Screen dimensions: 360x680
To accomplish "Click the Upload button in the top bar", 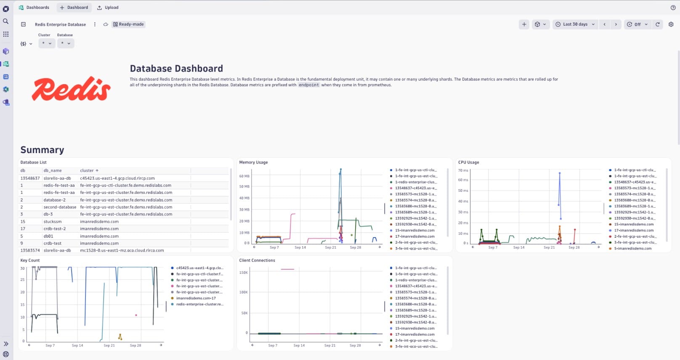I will point(108,8).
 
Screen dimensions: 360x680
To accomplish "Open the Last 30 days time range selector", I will point(575,24).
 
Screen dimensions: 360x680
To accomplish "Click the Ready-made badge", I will point(128,24).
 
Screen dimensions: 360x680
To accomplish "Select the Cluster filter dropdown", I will point(47,43).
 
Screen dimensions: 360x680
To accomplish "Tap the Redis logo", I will point(71,89).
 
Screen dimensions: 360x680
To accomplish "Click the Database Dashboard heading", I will point(176,69).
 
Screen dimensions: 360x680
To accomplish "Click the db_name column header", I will point(53,171).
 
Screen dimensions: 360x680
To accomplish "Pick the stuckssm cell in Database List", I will point(53,222).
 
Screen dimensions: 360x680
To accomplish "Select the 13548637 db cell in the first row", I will point(30,178).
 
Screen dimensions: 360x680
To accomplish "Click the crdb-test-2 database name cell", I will point(55,229).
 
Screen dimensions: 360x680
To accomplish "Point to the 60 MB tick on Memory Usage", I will point(244,176).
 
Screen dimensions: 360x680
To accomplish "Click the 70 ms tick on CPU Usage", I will point(463,170).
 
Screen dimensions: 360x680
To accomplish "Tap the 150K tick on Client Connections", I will point(243,273).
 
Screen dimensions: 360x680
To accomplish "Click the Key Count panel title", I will point(30,260).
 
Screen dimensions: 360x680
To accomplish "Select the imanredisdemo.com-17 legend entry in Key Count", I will point(196,298).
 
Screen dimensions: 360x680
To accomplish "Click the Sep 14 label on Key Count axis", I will point(77,345).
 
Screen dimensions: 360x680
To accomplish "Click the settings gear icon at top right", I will point(671,24).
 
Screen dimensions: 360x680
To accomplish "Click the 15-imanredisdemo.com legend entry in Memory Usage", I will point(414,230).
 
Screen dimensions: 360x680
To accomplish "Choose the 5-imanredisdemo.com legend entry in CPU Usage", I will point(632,249).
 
